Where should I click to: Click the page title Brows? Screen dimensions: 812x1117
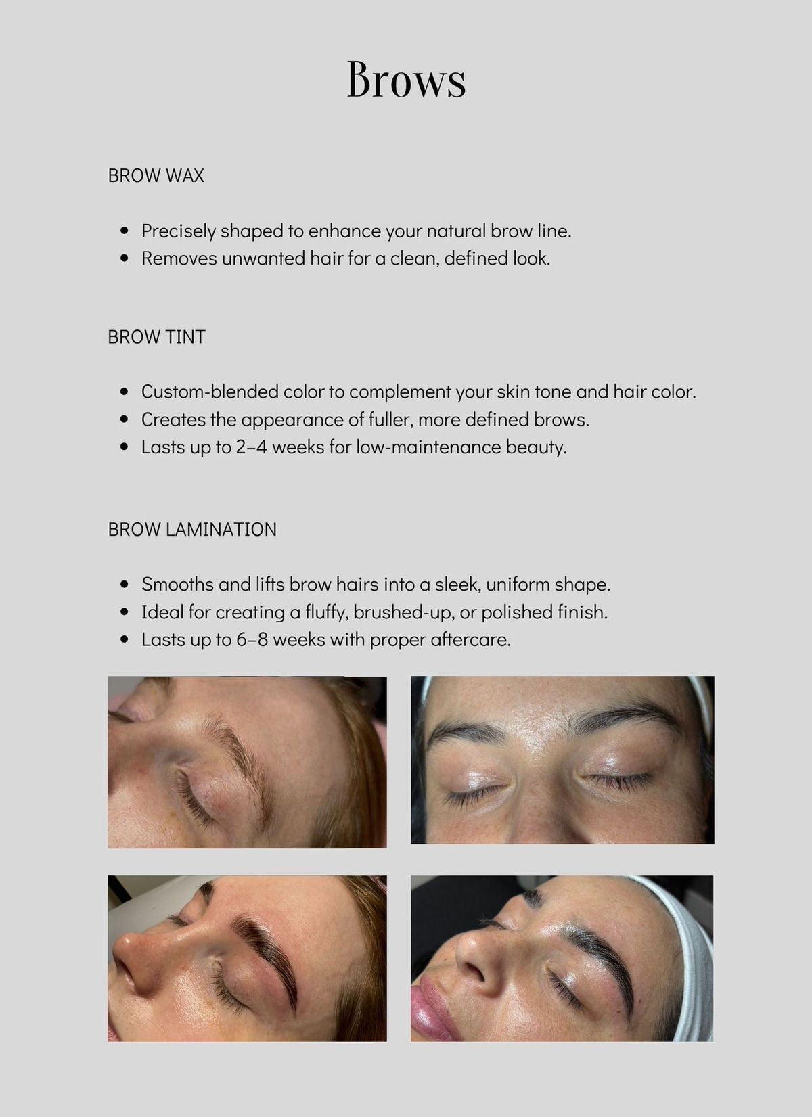406,79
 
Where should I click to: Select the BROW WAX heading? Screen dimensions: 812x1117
156,175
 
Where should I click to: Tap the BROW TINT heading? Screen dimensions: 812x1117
156,337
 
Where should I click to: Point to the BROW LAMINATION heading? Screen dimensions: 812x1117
192,530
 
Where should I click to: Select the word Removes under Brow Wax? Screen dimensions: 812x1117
179,259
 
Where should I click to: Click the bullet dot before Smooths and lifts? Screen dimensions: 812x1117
125,585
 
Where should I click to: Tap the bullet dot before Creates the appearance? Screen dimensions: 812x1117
125,420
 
